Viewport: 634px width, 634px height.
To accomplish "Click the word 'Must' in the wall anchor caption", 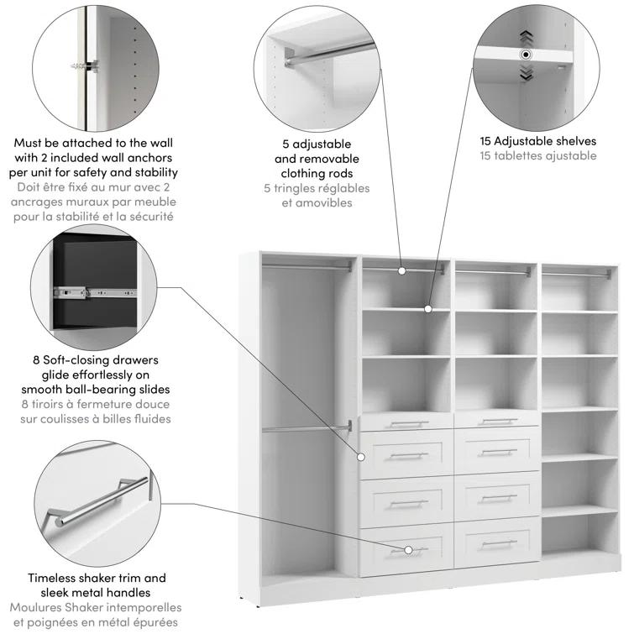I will point(32,143).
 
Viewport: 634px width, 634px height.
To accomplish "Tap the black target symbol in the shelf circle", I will point(527,54).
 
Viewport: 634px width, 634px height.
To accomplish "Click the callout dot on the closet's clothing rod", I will point(402,270).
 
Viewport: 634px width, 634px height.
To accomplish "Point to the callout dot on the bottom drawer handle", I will point(408,550).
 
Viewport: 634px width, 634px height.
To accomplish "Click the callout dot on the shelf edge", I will point(427,309).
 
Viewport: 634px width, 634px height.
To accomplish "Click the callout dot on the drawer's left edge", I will point(362,457).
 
